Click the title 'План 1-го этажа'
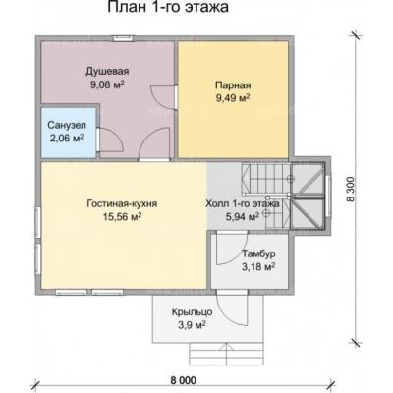[168, 7]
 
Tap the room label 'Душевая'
[107, 71]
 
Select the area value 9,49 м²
[233, 97]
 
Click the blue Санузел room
[69, 133]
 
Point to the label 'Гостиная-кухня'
[122, 203]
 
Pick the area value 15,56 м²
[122, 217]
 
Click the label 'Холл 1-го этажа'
[243, 203]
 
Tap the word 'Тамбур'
[258, 253]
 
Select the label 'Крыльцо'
[193, 312]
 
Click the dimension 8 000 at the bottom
[184, 380]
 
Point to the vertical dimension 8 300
[351, 190]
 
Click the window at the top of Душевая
[124, 38]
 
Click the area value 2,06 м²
[67, 138]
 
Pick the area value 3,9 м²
[193, 325]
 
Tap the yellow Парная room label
[233, 85]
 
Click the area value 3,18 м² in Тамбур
[258, 266]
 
